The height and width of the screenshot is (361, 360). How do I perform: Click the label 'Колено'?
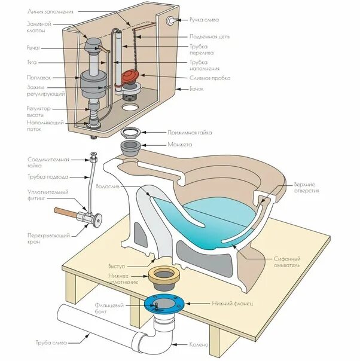pos(199,345)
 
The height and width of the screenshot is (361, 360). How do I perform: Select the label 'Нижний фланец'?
pos(233,304)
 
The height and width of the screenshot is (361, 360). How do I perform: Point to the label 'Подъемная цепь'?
pos(210,36)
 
